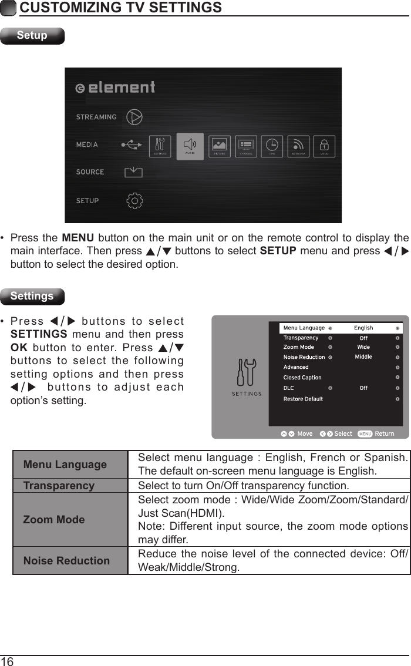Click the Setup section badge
coord(32,35)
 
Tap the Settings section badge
coord(32,296)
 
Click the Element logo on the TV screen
coord(116,88)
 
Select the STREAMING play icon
coord(135,117)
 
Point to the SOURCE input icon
coord(134,172)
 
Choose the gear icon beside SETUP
coord(135,200)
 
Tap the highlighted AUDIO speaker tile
coord(190,146)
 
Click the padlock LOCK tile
coord(324,146)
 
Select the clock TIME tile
coord(272,146)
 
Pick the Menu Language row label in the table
coord(65,465)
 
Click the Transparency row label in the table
coord(59,486)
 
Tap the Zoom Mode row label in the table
coord(54,519)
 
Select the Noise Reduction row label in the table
coord(66,561)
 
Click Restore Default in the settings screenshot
coord(303,399)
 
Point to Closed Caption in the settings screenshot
coord(302,378)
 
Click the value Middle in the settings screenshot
coord(363,356)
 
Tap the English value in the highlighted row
coord(363,328)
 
